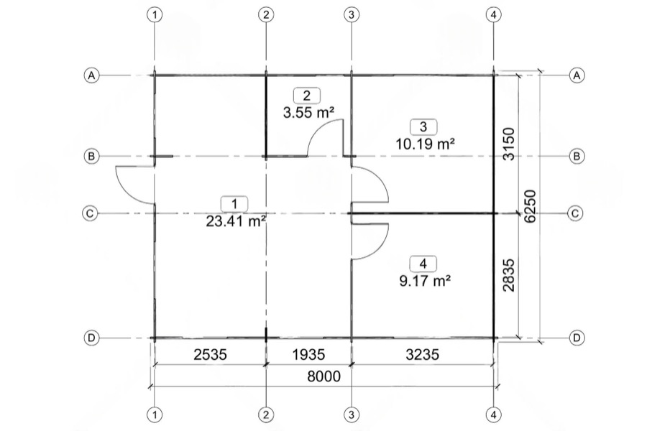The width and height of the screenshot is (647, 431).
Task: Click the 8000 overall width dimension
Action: point(324,376)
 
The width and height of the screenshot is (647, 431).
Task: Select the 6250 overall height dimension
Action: point(530,206)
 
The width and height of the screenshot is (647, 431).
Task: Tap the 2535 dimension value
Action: point(210,354)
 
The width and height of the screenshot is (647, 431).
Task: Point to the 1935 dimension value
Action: point(308,354)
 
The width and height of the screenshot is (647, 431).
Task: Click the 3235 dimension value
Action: point(422,354)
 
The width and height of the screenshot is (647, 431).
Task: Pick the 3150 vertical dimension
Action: point(509,144)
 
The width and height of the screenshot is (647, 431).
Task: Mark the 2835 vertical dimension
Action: point(509,275)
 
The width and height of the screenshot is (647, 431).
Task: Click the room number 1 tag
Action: point(234,204)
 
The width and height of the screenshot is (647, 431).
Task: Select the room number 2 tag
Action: point(306,96)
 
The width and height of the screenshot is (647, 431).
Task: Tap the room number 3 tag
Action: point(423,126)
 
